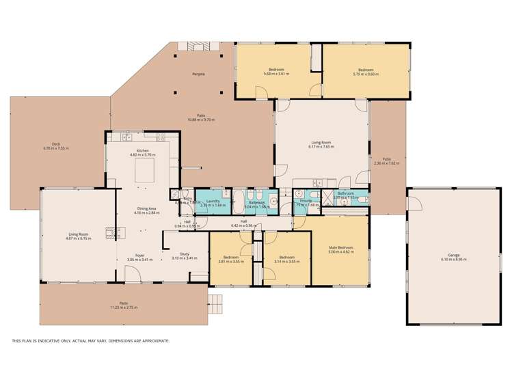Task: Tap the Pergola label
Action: point(198,74)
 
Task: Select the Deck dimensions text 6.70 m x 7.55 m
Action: point(56,148)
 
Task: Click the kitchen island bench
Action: point(144,167)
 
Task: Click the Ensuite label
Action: point(306,201)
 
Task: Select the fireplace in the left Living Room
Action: point(109,233)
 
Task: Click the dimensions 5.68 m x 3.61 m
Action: point(276,74)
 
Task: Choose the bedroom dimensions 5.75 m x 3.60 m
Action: point(366,74)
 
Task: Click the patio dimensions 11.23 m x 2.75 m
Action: point(124,307)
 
